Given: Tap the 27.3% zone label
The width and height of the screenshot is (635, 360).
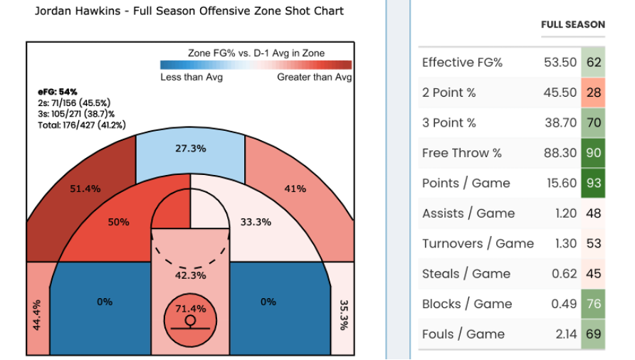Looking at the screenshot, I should [190, 149].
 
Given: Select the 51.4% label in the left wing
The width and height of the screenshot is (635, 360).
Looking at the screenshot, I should [85, 189].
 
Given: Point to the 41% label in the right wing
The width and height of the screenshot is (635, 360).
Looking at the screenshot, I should [295, 189].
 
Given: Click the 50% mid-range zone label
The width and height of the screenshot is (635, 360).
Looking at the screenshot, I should [118, 222].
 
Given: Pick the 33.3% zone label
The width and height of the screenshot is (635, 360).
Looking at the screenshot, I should [256, 222].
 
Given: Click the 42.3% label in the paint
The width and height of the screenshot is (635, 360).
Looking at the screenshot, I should [190, 275].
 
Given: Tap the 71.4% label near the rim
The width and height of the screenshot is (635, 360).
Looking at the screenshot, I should [190, 309].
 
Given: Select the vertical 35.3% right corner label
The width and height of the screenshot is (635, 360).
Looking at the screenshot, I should [342, 314].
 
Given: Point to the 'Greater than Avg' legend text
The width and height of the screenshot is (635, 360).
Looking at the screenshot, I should [314, 77].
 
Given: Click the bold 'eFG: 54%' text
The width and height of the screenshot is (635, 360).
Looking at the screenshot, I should [58, 92].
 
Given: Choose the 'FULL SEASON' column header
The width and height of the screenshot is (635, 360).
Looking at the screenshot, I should [573, 24].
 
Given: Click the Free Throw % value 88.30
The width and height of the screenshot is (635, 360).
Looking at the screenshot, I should [560, 153].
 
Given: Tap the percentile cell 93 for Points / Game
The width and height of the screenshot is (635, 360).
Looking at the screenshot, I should [594, 183].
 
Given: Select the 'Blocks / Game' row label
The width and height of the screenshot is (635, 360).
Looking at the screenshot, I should [467, 304].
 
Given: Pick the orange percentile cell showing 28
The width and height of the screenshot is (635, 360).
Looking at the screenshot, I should [594, 92].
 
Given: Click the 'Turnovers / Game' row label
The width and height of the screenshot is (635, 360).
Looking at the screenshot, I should [478, 243].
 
